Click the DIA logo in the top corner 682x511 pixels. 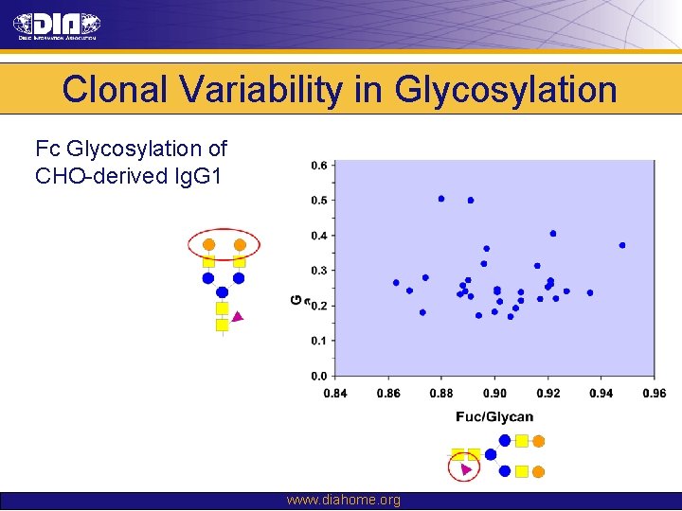click(56, 26)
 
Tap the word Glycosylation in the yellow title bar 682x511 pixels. click(506, 90)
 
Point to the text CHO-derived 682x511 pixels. click(96, 176)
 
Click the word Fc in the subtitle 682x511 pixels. click(48, 150)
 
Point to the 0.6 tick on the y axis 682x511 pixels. click(318, 166)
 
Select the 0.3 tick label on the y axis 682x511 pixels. click(318, 271)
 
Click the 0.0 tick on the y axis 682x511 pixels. click(318, 376)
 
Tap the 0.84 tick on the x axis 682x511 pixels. click(335, 394)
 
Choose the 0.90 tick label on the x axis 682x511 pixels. click(494, 394)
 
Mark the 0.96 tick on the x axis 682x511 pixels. click(654, 394)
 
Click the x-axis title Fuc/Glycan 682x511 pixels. click(494, 416)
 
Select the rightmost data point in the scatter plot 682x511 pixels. click(622, 245)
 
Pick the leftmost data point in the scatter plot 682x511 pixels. click(396, 282)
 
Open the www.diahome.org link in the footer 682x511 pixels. click(343, 500)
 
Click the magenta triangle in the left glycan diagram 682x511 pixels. click(239, 317)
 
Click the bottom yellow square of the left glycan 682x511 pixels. click(222, 325)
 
